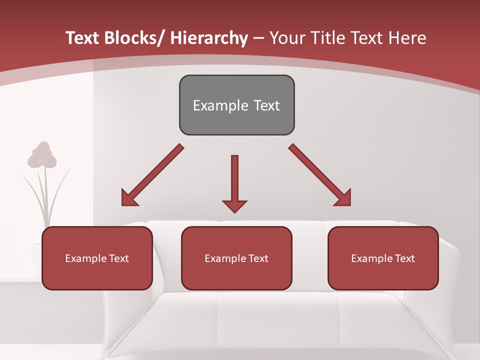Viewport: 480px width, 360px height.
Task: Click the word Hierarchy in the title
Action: [x=208, y=38]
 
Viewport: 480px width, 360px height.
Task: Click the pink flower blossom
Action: [x=42, y=155]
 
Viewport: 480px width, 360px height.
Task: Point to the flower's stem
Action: [x=46, y=195]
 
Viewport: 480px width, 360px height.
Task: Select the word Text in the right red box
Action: [x=404, y=258]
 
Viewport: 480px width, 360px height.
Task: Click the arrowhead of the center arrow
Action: [x=234, y=205]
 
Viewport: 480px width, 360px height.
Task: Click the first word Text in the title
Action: [x=83, y=38]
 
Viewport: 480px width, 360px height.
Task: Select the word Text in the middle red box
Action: [x=258, y=258]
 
